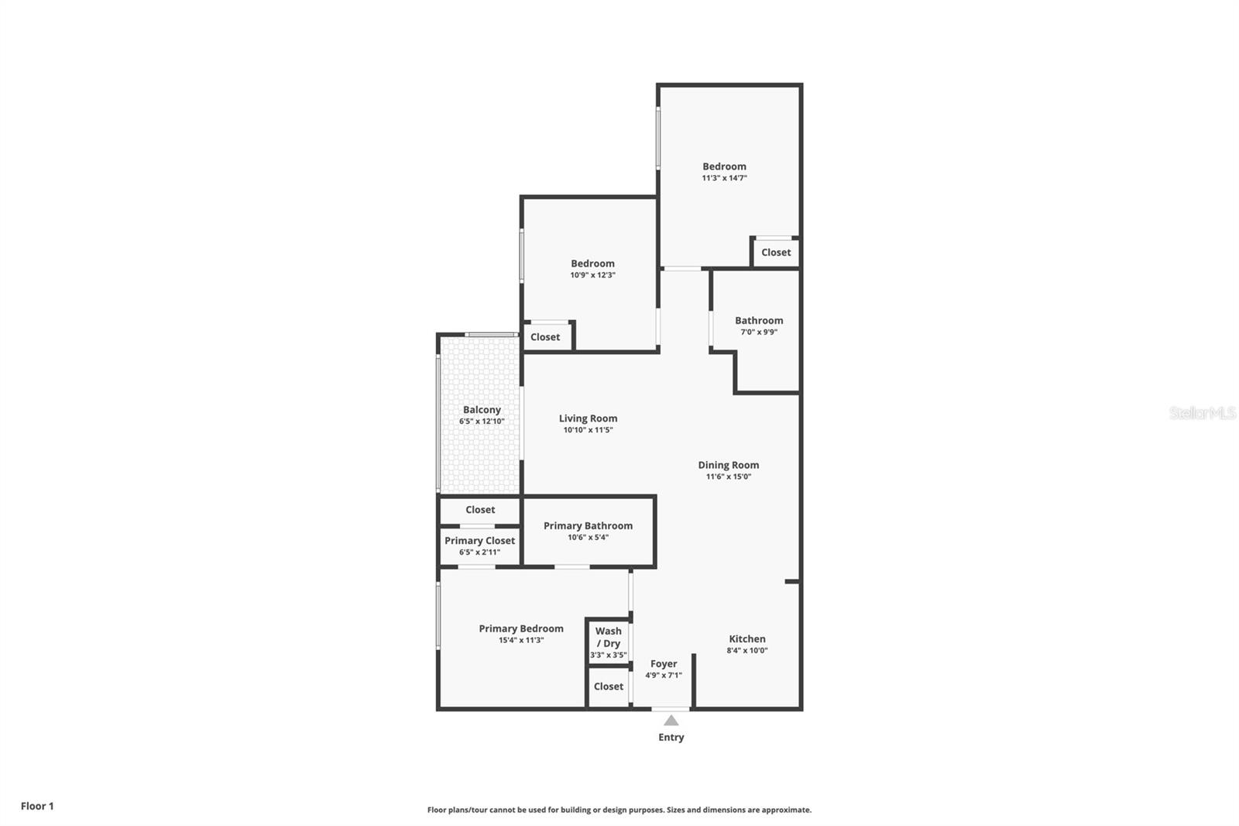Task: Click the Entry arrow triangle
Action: pyautogui.click(x=671, y=721)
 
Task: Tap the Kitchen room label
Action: pyautogui.click(x=747, y=638)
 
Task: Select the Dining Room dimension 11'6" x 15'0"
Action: pyautogui.click(x=729, y=477)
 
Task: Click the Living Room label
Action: pyautogui.click(x=588, y=418)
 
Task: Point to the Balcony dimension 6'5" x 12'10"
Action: pyautogui.click(x=482, y=422)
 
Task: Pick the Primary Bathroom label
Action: pyautogui.click(x=588, y=526)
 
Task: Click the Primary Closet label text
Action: pyautogui.click(x=479, y=541)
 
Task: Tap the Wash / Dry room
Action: pyautogui.click(x=609, y=642)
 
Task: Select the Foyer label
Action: pyautogui.click(x=664, y=663)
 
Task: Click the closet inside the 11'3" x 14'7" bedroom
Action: pyautogui.click(x=776, y=253)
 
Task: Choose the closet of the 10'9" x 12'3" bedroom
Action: pyautogui.click(x=545, y=336)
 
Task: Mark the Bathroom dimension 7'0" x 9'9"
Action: pyautogui.click(x=759, y=332)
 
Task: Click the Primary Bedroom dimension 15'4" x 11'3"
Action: pyautogui.click(x=521, y=640)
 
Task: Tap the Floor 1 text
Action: pyautogui.click(x=37, y=806)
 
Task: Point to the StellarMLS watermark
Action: pyautogui.click(x=1203, y=413)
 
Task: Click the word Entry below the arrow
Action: pyautogui.click(x=671, y=738)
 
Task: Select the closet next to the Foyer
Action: pyautogui.click(x=609, y=687)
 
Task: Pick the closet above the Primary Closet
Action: pyautogui.click(x=480, y=510)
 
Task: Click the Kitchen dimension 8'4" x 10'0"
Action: pyautogui.click(x=747, y=651)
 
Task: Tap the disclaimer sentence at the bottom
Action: pyautogui.click(x=619, y=810)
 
